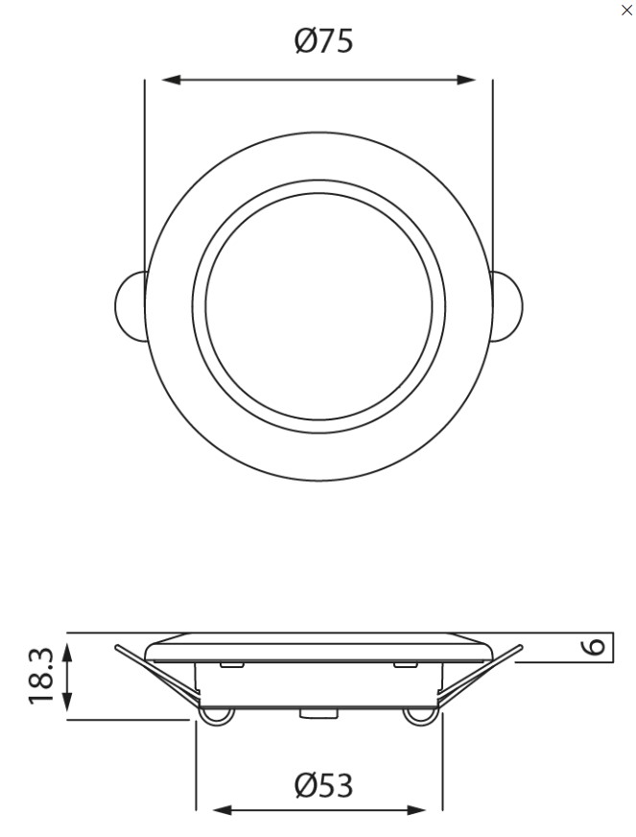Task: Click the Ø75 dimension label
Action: coord(323,40)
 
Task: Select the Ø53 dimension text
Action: coord(323,785)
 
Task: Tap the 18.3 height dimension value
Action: coord(40,676)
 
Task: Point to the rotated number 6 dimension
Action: coord(595,647)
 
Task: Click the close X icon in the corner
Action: coord(626,11)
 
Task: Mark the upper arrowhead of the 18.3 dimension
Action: coord(67,652)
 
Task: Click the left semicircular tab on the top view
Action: coord(130,306)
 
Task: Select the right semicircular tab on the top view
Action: coord(507,306)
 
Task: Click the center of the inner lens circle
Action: coord(318,306)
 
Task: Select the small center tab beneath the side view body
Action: coord(313,713)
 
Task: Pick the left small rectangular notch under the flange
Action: coord(230,664)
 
